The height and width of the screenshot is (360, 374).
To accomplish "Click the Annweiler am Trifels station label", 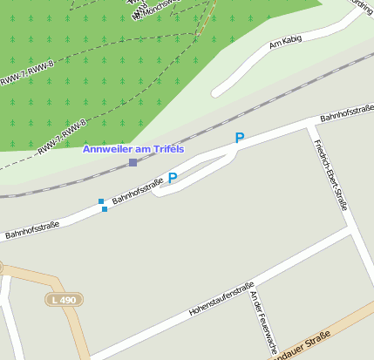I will pos(133,149).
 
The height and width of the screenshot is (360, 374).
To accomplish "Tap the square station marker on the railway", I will pos(133,162).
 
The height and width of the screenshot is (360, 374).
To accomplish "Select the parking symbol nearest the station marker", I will pos(173,178).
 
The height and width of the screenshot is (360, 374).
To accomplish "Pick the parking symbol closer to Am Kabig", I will pos(239,138).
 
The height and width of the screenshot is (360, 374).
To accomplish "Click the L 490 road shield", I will pos(64,299).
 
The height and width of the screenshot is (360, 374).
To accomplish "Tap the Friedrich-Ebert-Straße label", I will pos(332,174).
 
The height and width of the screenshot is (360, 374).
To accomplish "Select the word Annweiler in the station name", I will pos(109,149).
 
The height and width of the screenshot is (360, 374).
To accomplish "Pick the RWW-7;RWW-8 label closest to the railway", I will pos(62,137).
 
